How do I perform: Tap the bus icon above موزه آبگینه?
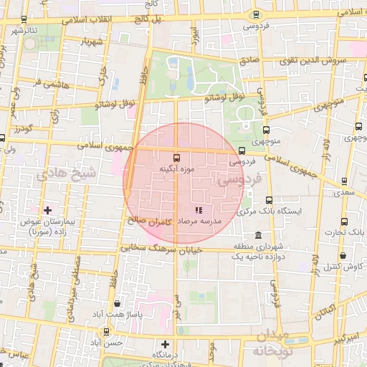176,156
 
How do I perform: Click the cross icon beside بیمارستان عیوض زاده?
48,210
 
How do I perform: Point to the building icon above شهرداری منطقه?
258,236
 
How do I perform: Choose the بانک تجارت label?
344,232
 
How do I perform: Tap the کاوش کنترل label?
343,267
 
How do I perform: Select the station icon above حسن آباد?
107,331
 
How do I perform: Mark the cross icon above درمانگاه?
166,344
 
